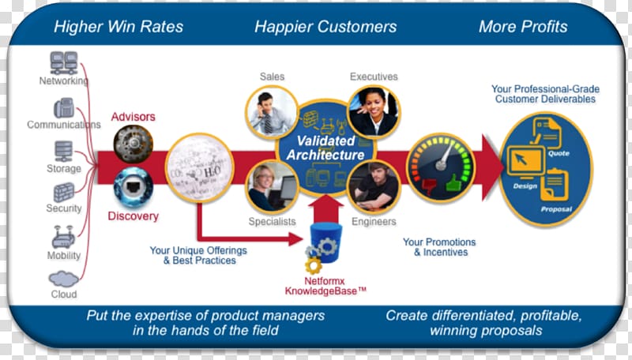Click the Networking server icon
coord(64,63)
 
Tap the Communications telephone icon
coord(64,108)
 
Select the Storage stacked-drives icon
coord(64,152)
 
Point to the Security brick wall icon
coord(64,192)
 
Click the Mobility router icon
coord(64,237)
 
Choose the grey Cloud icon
coord(64,279)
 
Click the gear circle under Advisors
coord(134,144)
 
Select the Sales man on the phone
coord(272,112)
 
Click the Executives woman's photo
coord(374,111)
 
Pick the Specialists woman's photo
coord(272,187)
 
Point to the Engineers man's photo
coord(374,186)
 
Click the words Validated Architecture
coord(325,148)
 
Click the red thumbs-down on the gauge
coord(429,186)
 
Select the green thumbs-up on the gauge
coord(454,182)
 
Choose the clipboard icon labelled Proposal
coord(555,185)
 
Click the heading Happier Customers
coord(325,27)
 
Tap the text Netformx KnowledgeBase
coord(325,286)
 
